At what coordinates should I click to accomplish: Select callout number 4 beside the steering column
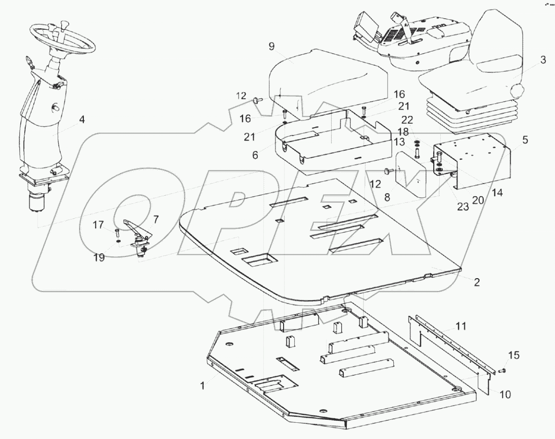coord(81,120)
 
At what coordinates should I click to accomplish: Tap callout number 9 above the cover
coord(271,47)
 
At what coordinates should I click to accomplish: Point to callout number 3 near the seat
coord(543,60)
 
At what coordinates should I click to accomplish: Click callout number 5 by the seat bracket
coord(526,140)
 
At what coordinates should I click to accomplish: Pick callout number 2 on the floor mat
coord(476,282)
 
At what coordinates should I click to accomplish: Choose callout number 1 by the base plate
coord(203,385)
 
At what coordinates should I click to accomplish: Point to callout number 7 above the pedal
coord(155,219)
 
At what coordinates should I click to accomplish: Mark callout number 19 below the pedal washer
coord(99,257)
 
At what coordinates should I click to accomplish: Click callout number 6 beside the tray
coord(255,155)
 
